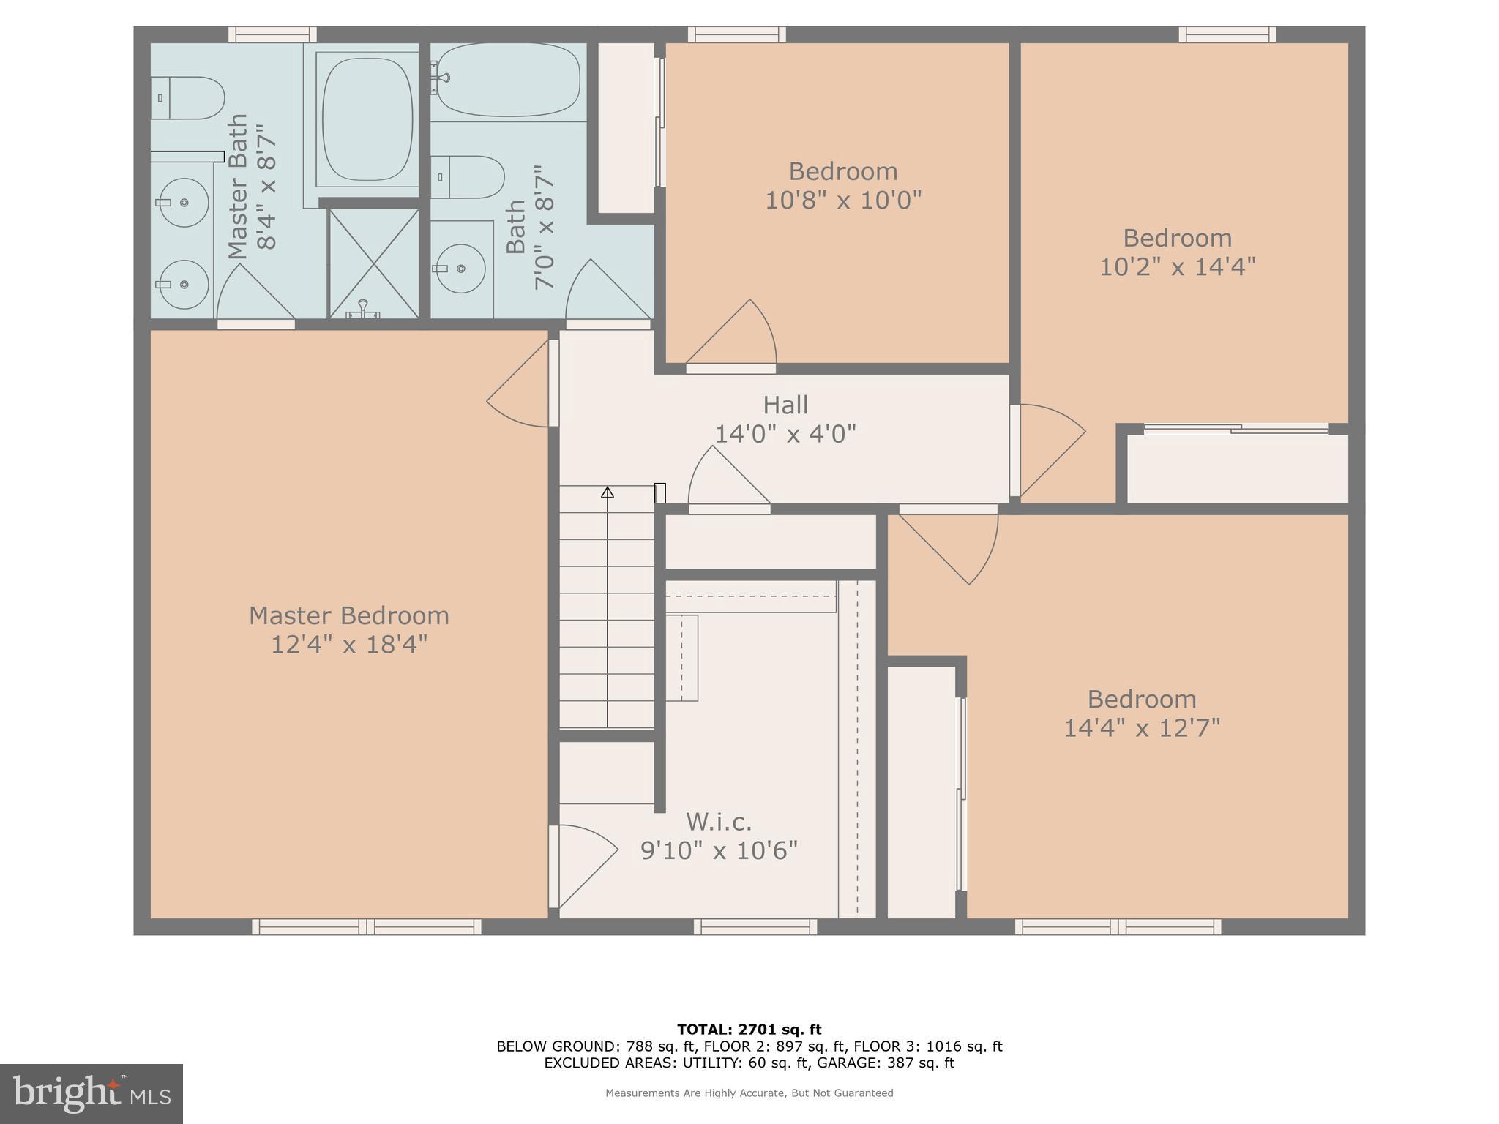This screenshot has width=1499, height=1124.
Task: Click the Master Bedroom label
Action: point(348,615)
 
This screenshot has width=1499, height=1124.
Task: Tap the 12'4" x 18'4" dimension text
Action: point(348,645)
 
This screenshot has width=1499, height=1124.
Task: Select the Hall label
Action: point(785,405)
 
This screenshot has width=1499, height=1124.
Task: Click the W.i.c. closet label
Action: point(719,822)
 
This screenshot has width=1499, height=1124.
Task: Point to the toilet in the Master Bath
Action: point(189,98)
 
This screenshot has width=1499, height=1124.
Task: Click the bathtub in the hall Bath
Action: point(508,80)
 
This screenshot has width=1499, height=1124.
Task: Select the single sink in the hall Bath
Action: point(461,269)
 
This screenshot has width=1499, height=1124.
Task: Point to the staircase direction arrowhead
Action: point(607,492)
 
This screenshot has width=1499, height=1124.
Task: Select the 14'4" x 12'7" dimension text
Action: point(1141,728)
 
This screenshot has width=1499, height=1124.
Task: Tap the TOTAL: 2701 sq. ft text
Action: point(749,1030)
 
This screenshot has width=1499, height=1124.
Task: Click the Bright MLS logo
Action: point(91,1094)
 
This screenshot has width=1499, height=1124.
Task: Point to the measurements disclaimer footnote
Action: point(749,1093)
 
